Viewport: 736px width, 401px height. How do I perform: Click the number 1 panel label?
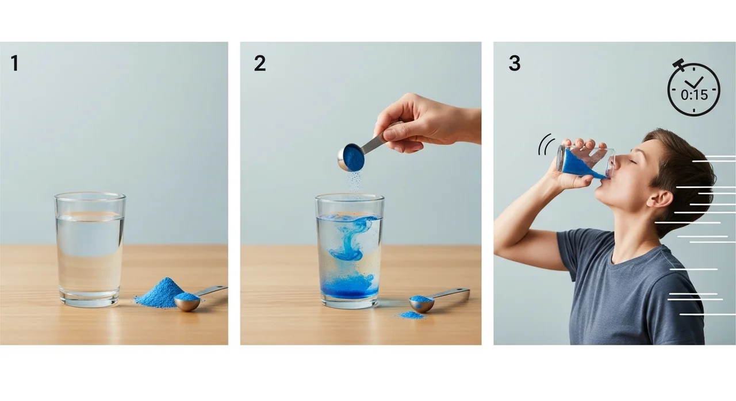pos(14,63)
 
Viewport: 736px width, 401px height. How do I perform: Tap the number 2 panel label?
pos(259,63)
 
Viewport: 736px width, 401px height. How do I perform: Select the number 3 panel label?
pos(515,63)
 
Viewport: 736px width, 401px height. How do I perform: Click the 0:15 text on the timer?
pos(694,95)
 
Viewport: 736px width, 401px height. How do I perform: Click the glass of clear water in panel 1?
pos(90,249)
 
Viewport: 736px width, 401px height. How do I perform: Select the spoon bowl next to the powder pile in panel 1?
pos(187,301)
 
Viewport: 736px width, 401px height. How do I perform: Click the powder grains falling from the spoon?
pos(355,180)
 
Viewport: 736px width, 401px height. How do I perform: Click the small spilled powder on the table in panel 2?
pos(411,315)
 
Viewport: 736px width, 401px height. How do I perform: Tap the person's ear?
pos(661,201)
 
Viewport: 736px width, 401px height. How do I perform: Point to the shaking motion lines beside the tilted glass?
pos(546,144)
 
